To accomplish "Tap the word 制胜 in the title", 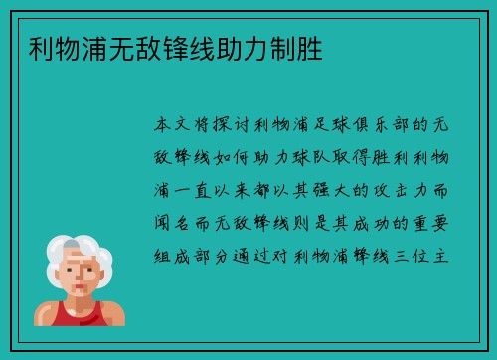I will click(x=312, y=47).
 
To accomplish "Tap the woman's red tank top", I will click(x=87, y=316).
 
